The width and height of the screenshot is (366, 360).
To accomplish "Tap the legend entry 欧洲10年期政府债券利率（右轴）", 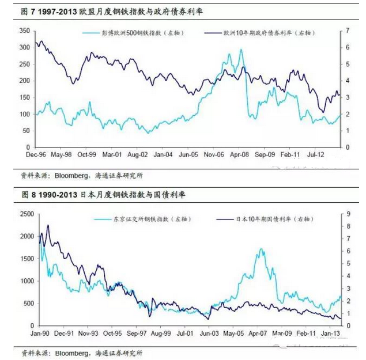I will [265, 34].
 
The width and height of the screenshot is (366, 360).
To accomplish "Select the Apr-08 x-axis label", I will [240, 155].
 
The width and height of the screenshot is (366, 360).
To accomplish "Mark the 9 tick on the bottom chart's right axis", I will [348, 214].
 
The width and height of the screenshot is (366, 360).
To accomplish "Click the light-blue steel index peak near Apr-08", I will [240, 50].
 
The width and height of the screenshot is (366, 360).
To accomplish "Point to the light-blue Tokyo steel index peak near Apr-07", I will [261, 249].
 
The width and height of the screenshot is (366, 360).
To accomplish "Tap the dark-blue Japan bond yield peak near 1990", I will [47, 225].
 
